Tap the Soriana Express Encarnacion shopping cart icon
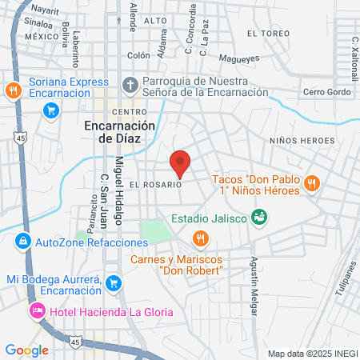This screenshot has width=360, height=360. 50,110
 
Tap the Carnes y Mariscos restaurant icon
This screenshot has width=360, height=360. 200,238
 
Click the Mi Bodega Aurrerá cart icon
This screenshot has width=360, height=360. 114,282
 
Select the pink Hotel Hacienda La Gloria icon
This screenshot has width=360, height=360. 36,310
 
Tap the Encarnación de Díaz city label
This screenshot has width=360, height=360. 118,132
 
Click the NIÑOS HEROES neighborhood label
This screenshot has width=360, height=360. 302,141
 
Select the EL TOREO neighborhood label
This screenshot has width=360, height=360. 267,34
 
